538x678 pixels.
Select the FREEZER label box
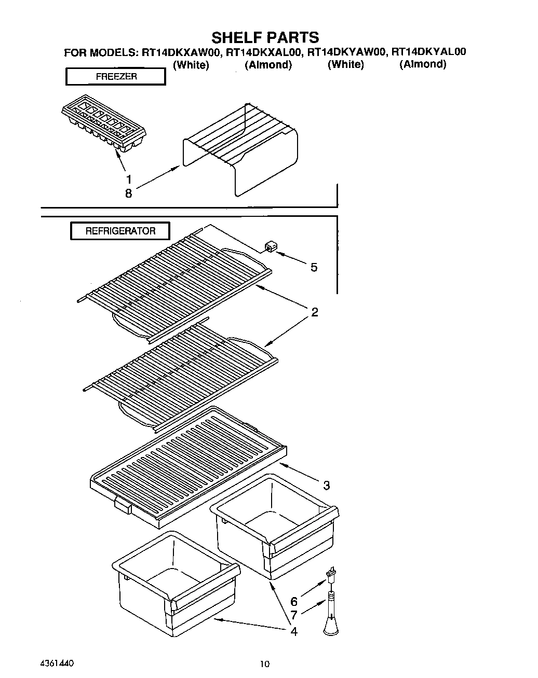click(x=115, y=77)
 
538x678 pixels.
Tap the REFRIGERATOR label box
click(x=120, y=231)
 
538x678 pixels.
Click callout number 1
click(x=128, y=179)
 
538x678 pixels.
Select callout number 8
click(x=128, y=193)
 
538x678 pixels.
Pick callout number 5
click(x=314, y=268)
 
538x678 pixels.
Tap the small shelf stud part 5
click(x=270, y=246)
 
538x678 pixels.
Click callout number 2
click(x=314, y=312)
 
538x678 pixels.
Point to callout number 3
click(x=326, y=486)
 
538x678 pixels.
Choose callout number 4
click(x=294, y=632)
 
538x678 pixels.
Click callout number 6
click(x=294, y=602)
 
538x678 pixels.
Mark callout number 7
click(x=294, y=616)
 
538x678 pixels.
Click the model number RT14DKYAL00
click(x=428, y=52)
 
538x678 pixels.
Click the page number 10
click(x=265, y=663)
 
